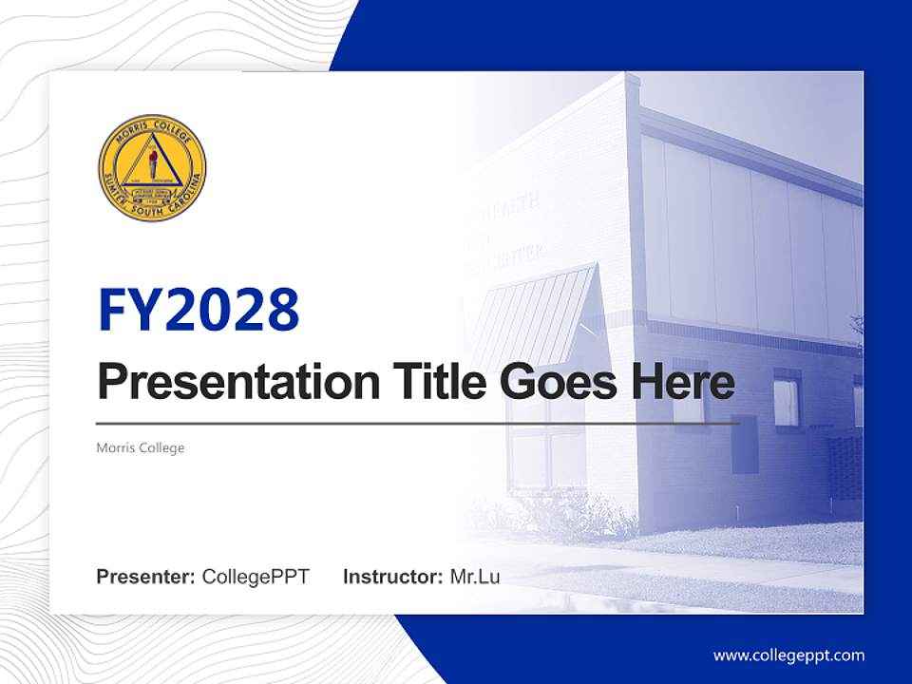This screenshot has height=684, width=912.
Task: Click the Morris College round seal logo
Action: pyautogui.click(x=152, y=168)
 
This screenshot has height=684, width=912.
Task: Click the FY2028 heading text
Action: pyautogui.click(x=199, y=310)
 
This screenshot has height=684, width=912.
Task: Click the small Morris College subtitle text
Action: pyautogui.click(x=141, y=447)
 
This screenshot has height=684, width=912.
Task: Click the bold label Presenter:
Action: pyautogui.click(x=146, y=577)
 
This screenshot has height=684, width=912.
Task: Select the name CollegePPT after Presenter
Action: pyautogui.click(x=256, y=577)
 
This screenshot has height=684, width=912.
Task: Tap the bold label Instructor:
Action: pyautogui.click(x=392, y=577)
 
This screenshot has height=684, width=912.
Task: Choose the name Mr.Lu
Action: pyautogui.click(x=475, y=577)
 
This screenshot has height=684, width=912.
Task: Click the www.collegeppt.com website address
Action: pyautogui.click(x=788, y=655)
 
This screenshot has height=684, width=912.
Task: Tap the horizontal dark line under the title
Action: pyautogui.click(x=418, y=424)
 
